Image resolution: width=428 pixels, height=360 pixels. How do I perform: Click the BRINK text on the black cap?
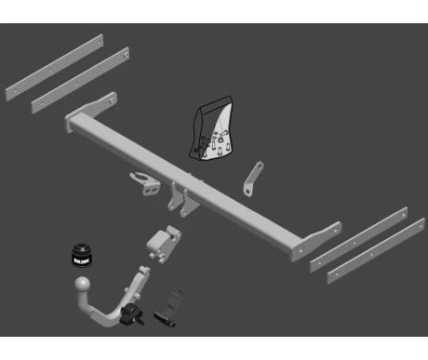point(82,260)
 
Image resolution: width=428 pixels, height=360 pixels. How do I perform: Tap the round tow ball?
point(83,285)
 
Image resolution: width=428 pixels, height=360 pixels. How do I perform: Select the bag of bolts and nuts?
point(212,128)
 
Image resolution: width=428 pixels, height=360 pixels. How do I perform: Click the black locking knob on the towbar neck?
point(131,314)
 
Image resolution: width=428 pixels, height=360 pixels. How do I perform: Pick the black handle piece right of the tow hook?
point(169,309)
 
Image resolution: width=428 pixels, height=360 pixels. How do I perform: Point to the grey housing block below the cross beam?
point(164,244)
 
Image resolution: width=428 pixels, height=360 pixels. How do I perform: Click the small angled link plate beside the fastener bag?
point(254,179)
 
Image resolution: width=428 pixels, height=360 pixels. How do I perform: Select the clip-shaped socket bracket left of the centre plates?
point(145,183)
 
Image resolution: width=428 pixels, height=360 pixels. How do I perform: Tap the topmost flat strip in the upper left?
point(54,68)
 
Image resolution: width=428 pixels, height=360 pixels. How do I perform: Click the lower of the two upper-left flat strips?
point(80,81)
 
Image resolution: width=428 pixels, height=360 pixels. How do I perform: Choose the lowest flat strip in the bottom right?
point(376,251)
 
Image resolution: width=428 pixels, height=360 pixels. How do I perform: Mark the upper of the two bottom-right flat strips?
point(358,240)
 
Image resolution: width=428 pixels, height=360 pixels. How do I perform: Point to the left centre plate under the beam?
point(172,196)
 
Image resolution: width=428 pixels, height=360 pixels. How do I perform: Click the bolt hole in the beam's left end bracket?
point(112,100)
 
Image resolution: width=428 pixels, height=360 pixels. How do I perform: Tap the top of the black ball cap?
point(82,247)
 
